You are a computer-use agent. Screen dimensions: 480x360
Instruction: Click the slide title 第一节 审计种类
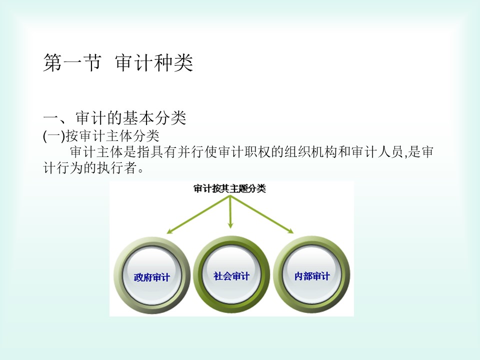(x=118, y=63)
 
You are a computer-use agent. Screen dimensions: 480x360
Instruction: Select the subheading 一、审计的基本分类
(x=115, y=118)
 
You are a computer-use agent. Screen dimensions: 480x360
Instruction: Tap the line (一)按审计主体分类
(x=101, y=136)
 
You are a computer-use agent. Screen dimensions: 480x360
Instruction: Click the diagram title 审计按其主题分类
(x=229, y=188)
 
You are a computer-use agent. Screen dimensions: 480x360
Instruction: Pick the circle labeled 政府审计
(x=152, y=275)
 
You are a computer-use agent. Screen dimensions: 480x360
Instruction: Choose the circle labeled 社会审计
(x=231, y=274)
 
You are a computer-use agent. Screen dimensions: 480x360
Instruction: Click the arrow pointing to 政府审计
(x=198, y=215)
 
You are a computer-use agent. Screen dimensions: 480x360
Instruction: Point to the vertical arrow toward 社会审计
(x=230, y=212)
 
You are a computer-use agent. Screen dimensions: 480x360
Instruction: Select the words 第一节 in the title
(x=72, y=63)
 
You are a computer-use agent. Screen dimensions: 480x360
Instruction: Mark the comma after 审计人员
(x=405, y=156)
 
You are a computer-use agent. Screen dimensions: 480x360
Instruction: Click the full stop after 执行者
(x=140, y=170)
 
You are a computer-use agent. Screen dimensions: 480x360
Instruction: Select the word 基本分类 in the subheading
(x=154, y=118)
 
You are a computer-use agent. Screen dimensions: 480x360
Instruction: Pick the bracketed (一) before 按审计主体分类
(x=54, y=136)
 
